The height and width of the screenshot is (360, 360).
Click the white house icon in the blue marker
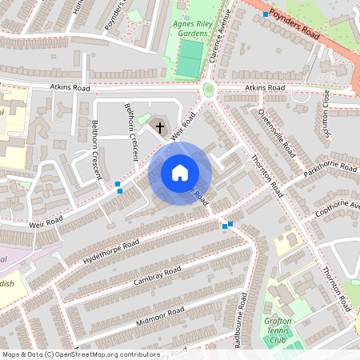point(180,173)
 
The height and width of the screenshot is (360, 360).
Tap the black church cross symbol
point(159,126)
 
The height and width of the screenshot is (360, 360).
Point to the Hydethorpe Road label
point(110,251)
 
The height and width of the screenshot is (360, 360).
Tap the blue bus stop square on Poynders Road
point(265,14)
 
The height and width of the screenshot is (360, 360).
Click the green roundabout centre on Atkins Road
point(209,90)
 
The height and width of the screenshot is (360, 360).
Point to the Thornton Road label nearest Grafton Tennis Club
point(337,285)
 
